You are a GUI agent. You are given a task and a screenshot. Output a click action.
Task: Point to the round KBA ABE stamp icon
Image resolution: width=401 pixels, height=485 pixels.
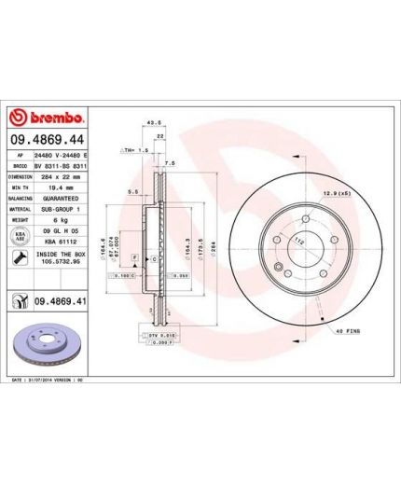[x=20, y=239]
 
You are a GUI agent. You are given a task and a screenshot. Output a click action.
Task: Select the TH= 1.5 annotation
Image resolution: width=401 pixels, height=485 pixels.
[x=137, y=149]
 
